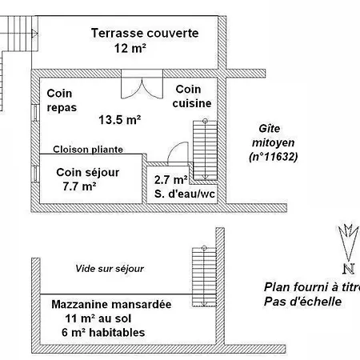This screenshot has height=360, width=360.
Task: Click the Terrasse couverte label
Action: pos(145,33)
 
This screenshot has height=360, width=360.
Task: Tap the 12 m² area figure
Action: pos(130,48)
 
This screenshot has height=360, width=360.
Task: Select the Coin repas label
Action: pos(62,101)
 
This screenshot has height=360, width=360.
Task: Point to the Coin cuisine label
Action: pos(192,96)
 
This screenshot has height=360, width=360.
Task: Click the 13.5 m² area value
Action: pos(120,120)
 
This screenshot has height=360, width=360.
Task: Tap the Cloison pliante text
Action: pos(88,150)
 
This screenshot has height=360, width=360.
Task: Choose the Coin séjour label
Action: pos(88,172)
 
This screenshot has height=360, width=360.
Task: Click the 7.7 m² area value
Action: pos(79,186)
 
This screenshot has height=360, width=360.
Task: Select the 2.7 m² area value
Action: pos(170,180)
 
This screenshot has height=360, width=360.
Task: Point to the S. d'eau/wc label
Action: pos(185,194)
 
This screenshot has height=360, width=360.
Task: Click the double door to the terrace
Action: pos(142,84)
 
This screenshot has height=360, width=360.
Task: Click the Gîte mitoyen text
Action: pos(273,136)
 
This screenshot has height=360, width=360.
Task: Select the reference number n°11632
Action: pos(273,157)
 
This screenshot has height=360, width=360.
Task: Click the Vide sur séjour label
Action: pos(110,269)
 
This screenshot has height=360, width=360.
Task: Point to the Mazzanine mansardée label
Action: pos(111,304)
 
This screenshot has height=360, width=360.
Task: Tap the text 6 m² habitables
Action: pos(103,333)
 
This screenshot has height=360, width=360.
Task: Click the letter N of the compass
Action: pos(349,269)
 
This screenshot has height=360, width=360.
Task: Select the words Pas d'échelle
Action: pos(302,302)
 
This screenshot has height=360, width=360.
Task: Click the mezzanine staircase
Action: pos(204,277)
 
